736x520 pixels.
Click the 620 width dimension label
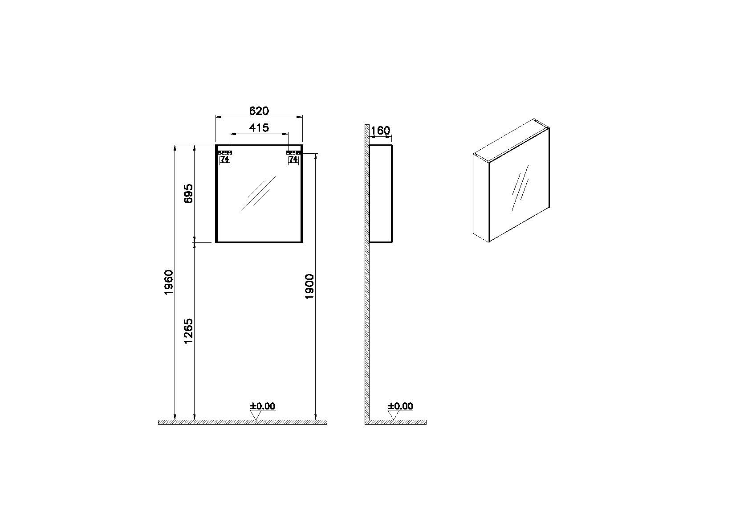point(259,111)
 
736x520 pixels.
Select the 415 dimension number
point(259,127)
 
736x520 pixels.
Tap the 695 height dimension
point(188,194)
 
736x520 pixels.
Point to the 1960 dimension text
point(169,282)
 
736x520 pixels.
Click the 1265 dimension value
point(188,331)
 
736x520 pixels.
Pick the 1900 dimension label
point(309,287)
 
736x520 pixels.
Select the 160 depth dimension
point(381,131)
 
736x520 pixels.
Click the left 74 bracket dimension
point(225,159)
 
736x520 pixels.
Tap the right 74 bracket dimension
point(293,159)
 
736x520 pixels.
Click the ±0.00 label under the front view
point(263,406)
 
